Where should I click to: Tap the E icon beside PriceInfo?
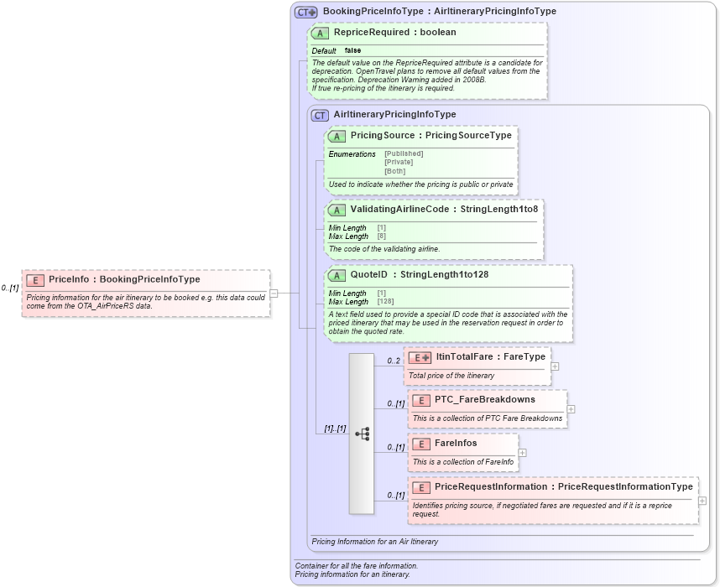(x=35, y=280)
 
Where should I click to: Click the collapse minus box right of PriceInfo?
(x=274, y=293)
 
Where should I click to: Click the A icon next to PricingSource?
(x=337, y=136)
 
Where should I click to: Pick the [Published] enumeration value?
(x=404, y=153)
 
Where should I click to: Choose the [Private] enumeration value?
(x=398, y=162)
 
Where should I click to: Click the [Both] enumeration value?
(x=394, y=171)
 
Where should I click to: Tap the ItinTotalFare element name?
(x=490, y=357)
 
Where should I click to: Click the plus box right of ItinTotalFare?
(x=555, y=366)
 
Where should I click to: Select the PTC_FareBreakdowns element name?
(x=484, y=400)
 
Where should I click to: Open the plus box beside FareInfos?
(x=522, y=452)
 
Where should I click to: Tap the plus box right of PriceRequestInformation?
(x=702, y=501)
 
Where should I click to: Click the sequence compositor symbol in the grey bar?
(x=362, y=434)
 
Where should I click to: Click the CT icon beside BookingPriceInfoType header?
(x=305, y=12)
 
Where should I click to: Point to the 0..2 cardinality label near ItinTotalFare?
(x=394, y=361)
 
